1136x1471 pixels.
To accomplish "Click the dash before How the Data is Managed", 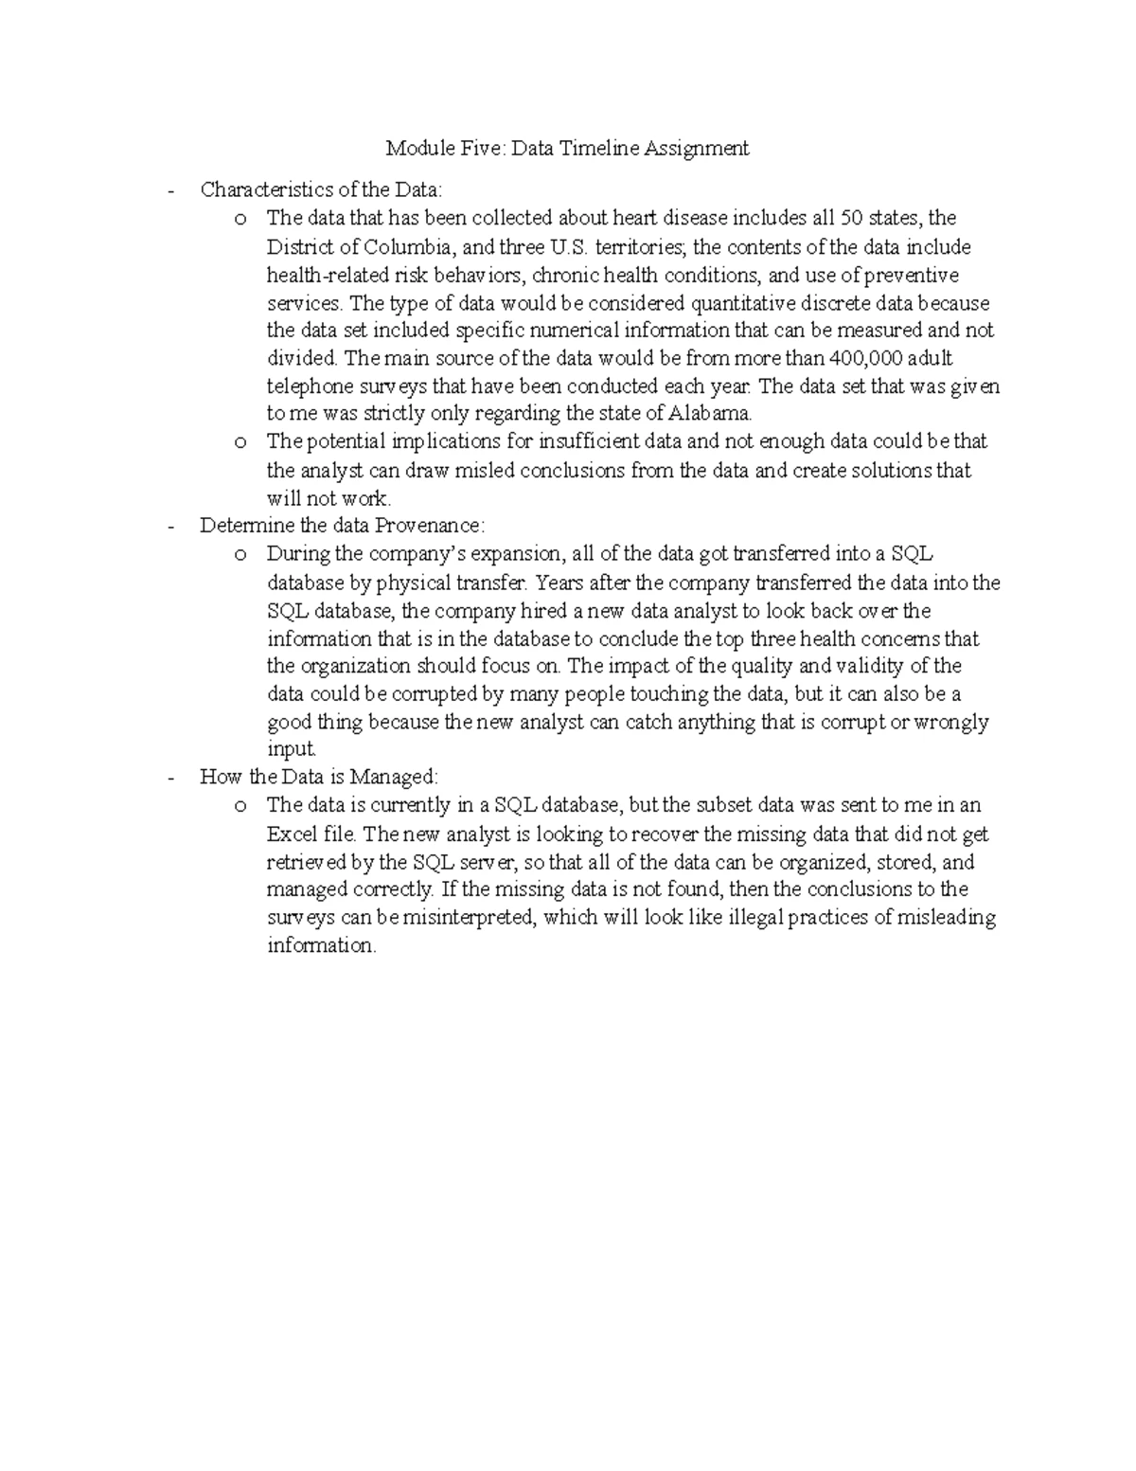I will (170, 778).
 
